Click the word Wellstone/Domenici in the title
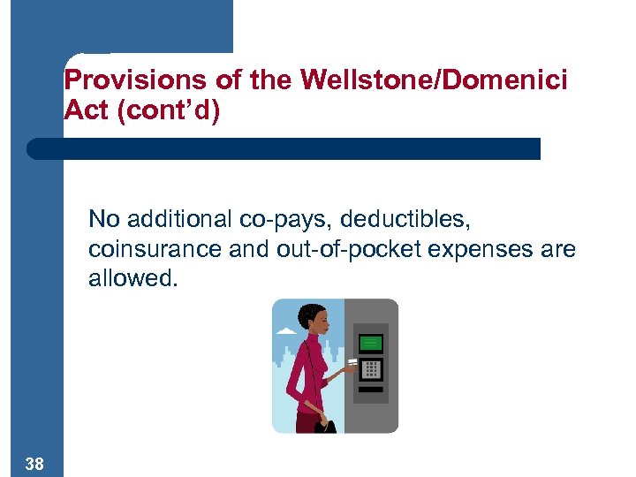point(434,80)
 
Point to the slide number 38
point(35,464)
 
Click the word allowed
point(132,280)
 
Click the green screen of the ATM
point(371,343)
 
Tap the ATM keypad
point(372,369)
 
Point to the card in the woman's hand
point(352,362)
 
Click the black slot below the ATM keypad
point(372,389)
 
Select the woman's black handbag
point(326,425)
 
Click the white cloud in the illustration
point(286,331)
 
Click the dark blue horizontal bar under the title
point(283,148)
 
